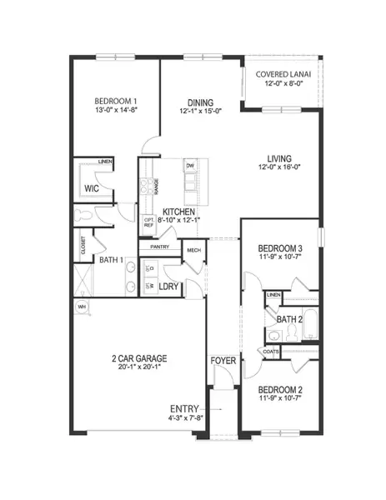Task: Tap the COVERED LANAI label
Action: tap(283, 73)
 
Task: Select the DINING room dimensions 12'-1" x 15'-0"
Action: tap(199, 110)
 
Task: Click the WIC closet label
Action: tap(93, 189)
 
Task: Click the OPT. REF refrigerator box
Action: tap(148, 222)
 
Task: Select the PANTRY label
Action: tap(159, 247)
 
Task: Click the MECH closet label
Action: tap(193, 250)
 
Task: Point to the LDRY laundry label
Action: tap(171, 286)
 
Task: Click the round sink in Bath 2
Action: tap(273, 336)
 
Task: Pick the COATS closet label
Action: tap(270, 352)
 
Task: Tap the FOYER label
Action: tap(223, 362)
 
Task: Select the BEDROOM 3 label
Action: tap(279, 249)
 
